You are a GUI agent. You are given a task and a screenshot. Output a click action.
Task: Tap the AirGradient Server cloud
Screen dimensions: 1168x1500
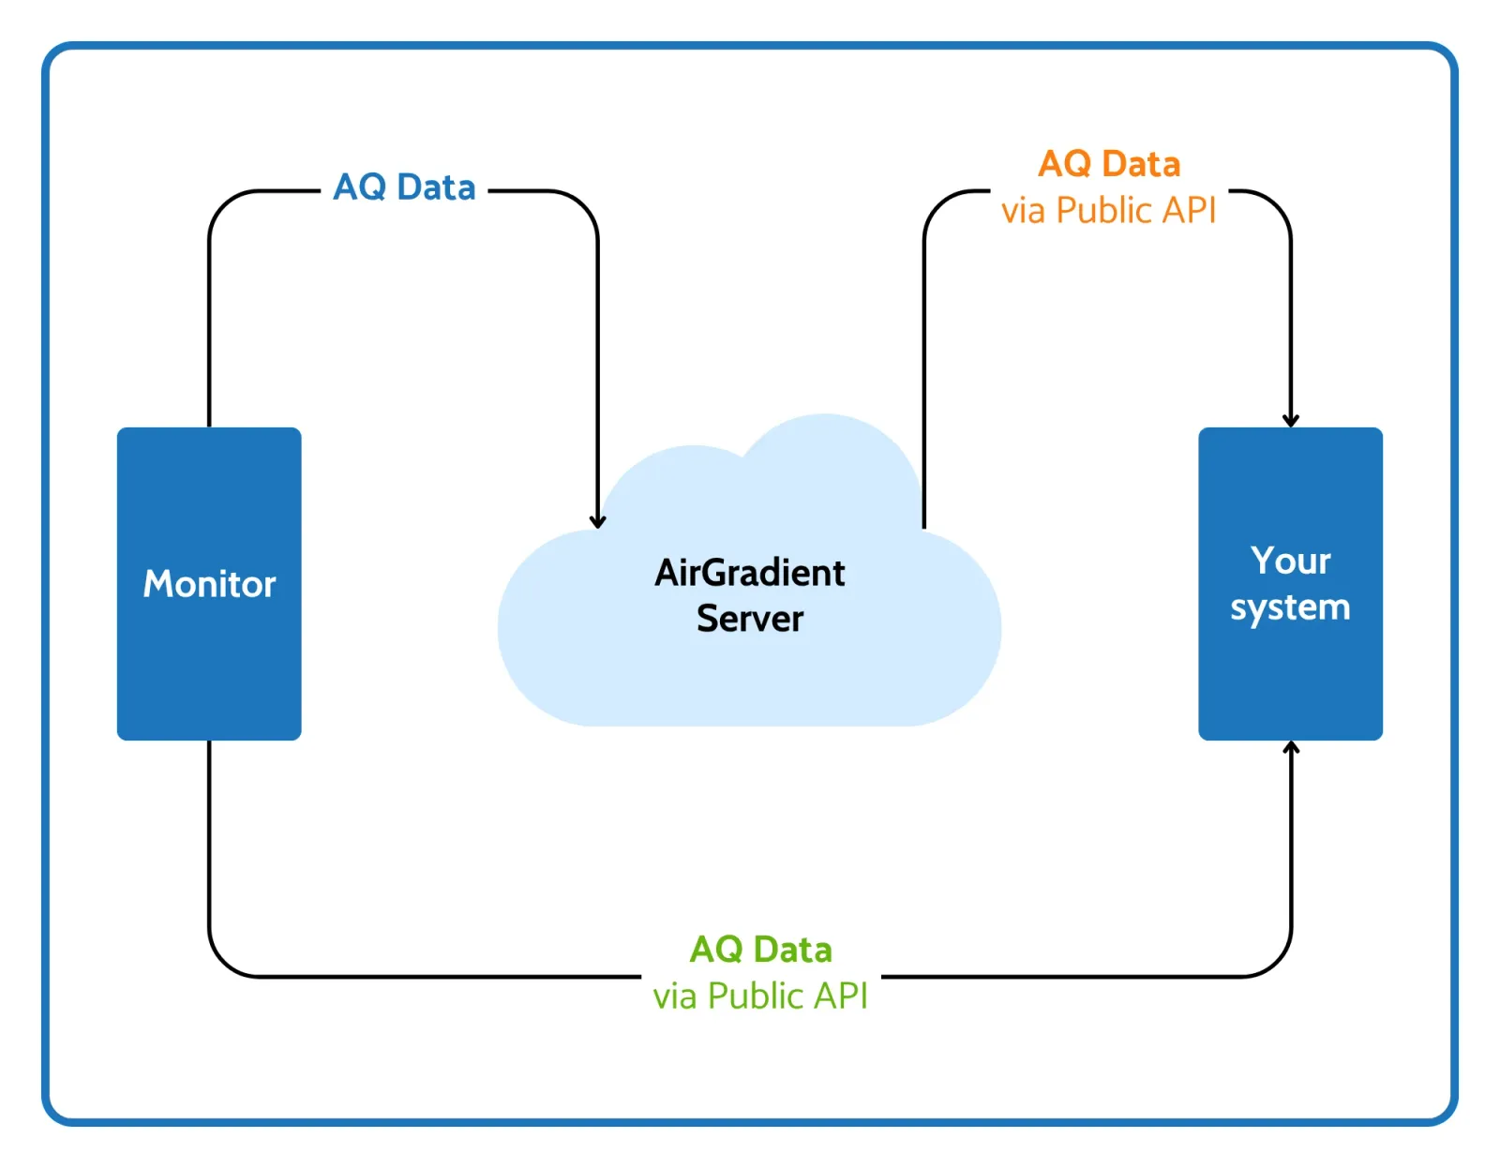750,675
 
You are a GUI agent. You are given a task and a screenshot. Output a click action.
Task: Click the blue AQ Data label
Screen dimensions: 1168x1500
404,187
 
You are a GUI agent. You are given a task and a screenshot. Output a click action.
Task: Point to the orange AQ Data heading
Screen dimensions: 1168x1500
1109,164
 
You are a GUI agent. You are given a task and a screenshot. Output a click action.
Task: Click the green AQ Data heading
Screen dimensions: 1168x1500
760,950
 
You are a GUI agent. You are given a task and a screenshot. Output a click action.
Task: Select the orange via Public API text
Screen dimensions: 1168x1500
1108,211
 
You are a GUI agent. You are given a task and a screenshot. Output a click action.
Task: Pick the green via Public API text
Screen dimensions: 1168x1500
760,996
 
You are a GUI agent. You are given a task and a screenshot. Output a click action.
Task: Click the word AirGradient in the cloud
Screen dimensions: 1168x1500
750,573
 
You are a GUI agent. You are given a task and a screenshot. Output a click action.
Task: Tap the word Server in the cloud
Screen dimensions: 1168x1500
750,619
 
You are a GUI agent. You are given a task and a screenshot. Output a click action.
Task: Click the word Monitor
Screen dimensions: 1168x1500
209,584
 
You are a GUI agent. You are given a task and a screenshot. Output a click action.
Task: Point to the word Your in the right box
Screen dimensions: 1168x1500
1290,561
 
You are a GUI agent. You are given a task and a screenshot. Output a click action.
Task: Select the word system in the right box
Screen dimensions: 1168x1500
1290,607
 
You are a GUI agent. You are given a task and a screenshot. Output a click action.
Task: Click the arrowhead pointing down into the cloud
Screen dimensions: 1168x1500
597,522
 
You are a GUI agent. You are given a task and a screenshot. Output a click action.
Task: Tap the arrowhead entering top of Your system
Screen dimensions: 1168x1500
1291,420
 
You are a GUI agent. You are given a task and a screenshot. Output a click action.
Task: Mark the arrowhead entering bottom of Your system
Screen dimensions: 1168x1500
1291,748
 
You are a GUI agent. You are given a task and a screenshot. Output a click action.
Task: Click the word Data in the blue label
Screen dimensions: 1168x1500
436,187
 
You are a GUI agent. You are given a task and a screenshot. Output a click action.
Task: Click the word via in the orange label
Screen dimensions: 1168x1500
1023,211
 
